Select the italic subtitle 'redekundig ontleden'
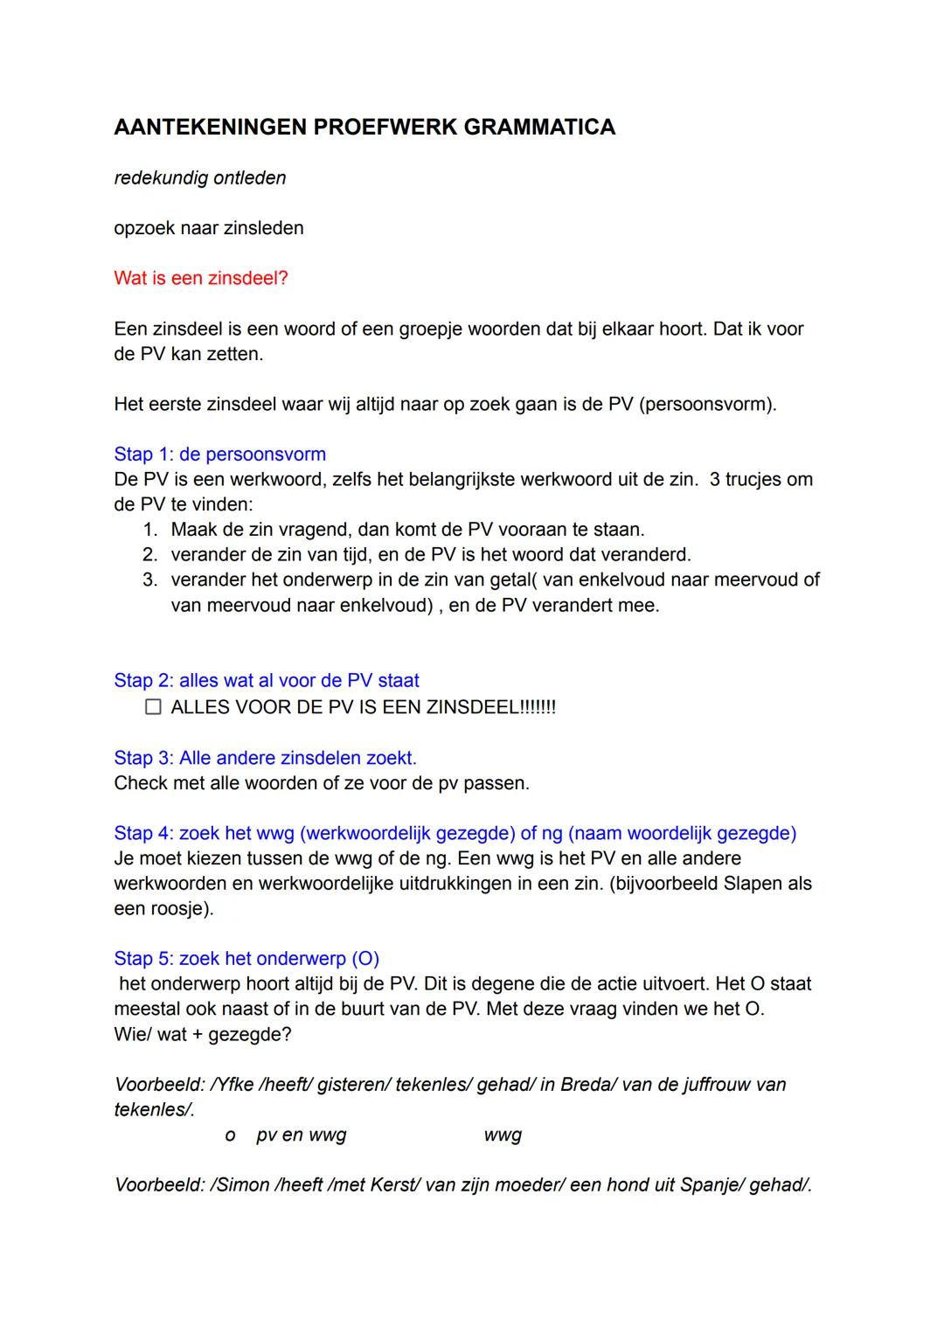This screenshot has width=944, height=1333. pyautogui.click(x=200, y=178)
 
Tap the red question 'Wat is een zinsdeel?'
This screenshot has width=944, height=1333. pyautogui.click(x=201, y=279)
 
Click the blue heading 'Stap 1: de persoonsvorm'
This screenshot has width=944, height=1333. pyautogui.click(x=219, y=455)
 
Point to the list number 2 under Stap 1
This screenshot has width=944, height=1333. pyautogui.click(x=149, y=555)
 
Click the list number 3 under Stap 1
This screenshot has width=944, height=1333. pyautogui.click(x=149, y=580)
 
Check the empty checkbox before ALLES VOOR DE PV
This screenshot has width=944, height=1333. pyautogui.click(x=154, y=707)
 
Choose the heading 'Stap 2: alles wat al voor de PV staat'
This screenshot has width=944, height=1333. pyautogui.click(x=267, y=681)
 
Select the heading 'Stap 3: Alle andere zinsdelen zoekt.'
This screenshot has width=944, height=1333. pyautogui.click(x=265, y=758)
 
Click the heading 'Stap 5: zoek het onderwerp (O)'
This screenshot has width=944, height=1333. pyautogui.click(x=246, y=959)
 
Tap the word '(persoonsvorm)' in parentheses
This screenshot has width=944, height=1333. pyautogui.click(x=707, y=405)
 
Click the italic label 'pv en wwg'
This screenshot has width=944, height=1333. pyautogui.click(x=301, y=1135)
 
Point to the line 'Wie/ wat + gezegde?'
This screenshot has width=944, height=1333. pyautogui.click(x=203, y=1035)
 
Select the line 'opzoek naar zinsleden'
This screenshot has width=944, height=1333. pyautogui.click(x=209, y=229)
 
